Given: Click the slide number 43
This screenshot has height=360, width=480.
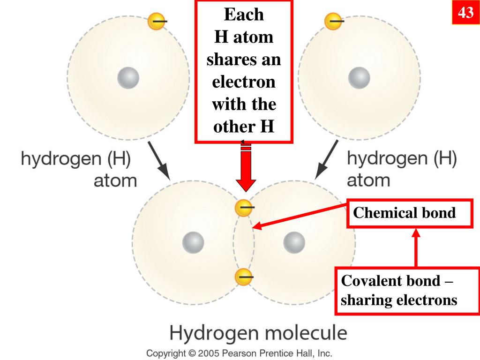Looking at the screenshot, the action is pos(465,13).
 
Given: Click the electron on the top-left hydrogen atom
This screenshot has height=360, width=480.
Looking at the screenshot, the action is pos(156,21).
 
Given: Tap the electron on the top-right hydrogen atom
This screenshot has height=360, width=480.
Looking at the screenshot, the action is pos(333,21).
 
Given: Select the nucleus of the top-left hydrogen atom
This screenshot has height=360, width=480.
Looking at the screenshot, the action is pos(128,77).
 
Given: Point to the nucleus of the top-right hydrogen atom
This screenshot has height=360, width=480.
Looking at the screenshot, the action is pos(359,77).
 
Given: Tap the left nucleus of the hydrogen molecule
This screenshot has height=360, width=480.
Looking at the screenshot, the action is pos(193,242).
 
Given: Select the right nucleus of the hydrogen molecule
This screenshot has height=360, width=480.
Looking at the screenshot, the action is pos(294,242).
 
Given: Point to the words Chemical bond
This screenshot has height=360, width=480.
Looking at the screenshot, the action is pos(404,213).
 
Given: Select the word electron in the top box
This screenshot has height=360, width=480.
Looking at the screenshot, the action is pos(244,82).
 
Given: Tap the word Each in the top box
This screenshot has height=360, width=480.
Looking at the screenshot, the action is pos(244,15).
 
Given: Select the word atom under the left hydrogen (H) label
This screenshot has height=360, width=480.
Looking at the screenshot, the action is pos(115,180).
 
